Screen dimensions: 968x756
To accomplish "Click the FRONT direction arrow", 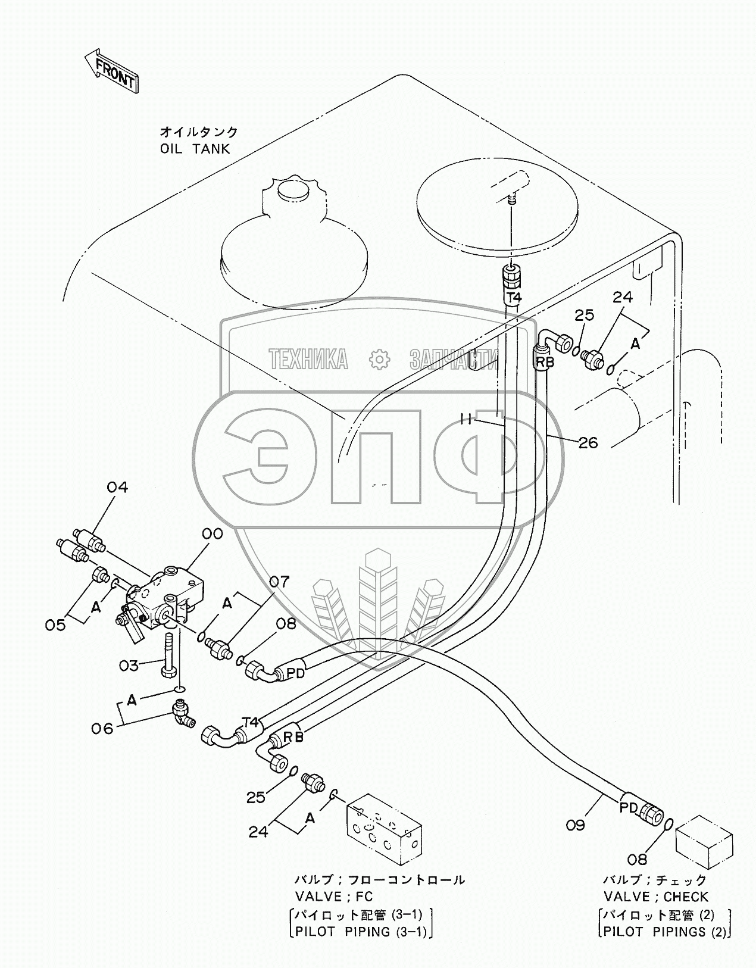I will click(112, 70).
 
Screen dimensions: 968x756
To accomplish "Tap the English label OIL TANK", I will click(195, 148).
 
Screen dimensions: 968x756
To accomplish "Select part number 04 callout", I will click(117, 488).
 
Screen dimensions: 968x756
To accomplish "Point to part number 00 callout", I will click(212, 533).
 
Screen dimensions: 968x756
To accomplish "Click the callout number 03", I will click(129, 664).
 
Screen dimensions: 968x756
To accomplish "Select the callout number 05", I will click(55, 624).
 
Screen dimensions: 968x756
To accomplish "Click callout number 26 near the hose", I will click(588, 442).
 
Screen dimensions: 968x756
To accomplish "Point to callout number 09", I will click(575, 825).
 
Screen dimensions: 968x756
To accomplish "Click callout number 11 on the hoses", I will click(466, 420).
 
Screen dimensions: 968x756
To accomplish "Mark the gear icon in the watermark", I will click(379, 359).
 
